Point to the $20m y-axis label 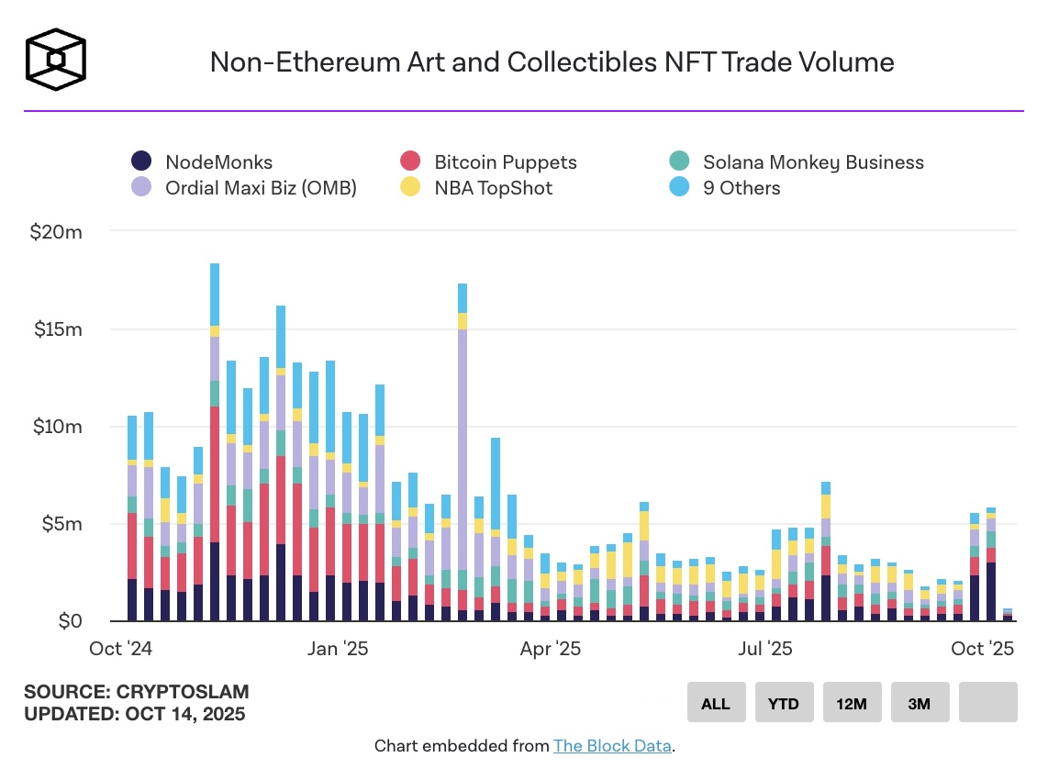point(57,232)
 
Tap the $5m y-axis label point(61,524)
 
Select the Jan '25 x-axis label point(338,649)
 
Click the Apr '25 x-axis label point(550,649)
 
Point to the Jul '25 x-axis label point(764,649)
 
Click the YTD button point(783,704)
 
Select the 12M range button point(851,704)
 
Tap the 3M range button point(919,704)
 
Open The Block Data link point(612,746)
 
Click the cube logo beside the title point(56,61)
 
